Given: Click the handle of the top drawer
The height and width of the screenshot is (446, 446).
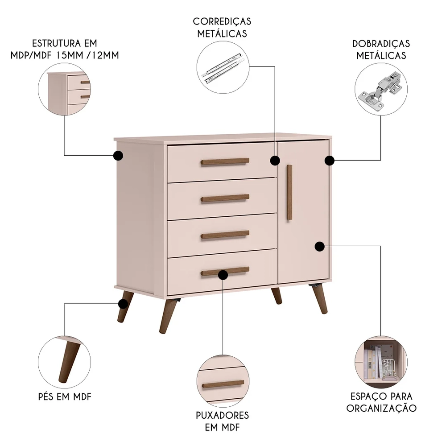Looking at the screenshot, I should pyautogui.click(x=225, y=161).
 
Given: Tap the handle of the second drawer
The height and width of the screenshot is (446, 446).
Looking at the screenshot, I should pyautogui.click(x=225, y=198).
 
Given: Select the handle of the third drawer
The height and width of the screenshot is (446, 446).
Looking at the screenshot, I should pyautogui.click(x=225, y=234).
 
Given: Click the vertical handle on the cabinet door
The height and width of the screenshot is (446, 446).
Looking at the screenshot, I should pyautogui.click(x=289, y=192).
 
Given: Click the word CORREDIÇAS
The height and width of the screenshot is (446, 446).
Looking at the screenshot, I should pyautogui.click(x=222, y=21).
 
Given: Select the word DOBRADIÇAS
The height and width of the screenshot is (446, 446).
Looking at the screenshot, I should pyautogui.click(x=381, y=44).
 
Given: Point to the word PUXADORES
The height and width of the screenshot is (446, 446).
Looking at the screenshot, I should pyautogui.click(x=222, y=415).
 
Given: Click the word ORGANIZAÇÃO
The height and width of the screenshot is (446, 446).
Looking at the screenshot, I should pyautogui.click(x=381, y=408).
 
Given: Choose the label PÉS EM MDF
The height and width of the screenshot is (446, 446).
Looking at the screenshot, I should pyautogui.click(x=65, y=396).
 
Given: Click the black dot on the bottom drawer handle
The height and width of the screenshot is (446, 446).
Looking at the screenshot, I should pyautogui.click(x=223, y=275).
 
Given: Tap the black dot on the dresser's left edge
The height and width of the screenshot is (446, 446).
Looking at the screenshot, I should pyautogui.click(x=118, y=155).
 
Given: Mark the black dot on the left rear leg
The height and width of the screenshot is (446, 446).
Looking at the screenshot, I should pyautogui.click(x=122, y=304).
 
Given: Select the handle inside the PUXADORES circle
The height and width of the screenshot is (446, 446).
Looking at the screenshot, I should pyautogui.click(x=223, y=384).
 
